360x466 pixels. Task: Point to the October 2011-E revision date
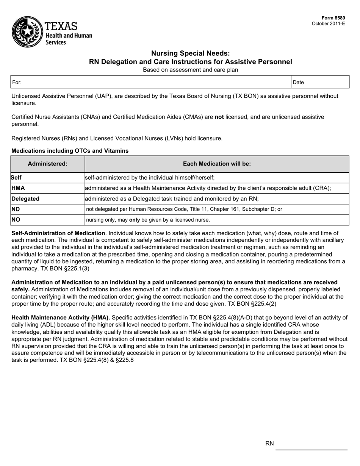(328, 23)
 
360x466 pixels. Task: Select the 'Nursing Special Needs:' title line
(190, 53)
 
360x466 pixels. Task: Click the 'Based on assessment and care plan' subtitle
(190, 70)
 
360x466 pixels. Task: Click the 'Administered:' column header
(47, 164)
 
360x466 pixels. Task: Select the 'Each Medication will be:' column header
(217, 164)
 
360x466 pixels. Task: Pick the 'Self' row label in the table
(16, 177)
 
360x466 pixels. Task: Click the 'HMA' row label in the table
(18, 188)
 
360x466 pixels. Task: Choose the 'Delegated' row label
(25, 199)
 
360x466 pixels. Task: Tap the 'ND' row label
(16, 209)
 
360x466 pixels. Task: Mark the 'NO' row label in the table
(16, 219)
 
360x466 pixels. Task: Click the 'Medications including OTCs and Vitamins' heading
(70, 151)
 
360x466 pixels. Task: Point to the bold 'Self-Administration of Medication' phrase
(58, 233)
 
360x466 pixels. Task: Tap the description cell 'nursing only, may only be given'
(148, 220)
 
